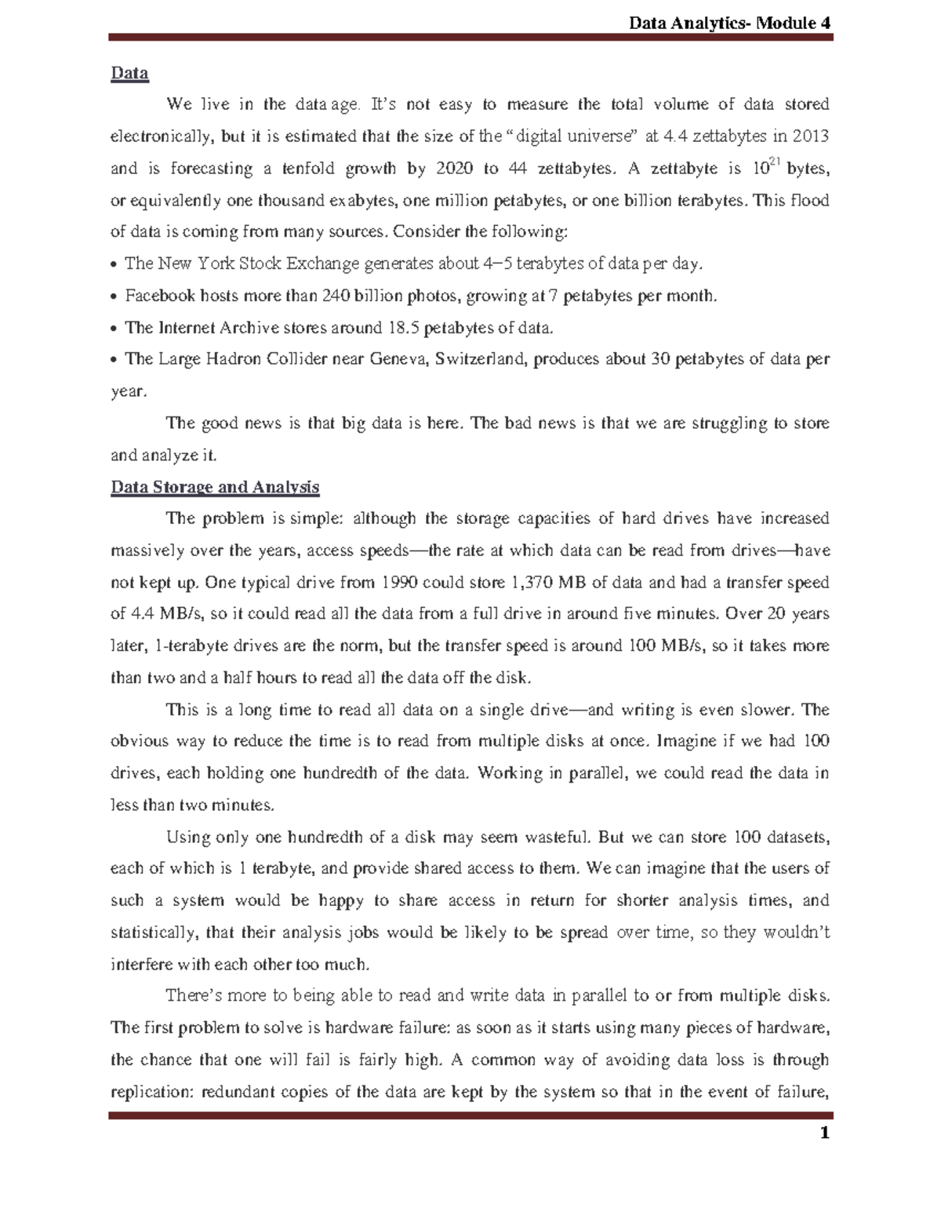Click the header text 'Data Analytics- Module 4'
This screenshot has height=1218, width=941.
[x=729, y=23]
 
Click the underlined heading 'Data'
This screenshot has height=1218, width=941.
[x=129, y=74]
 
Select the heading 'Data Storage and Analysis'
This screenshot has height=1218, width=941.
[x=215, y=487]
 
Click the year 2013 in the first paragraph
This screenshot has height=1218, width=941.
[x=810, y=136]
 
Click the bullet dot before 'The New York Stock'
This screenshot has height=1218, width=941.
[x=115, y=264]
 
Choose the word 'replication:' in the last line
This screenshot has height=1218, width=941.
[x=152, y=1092]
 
